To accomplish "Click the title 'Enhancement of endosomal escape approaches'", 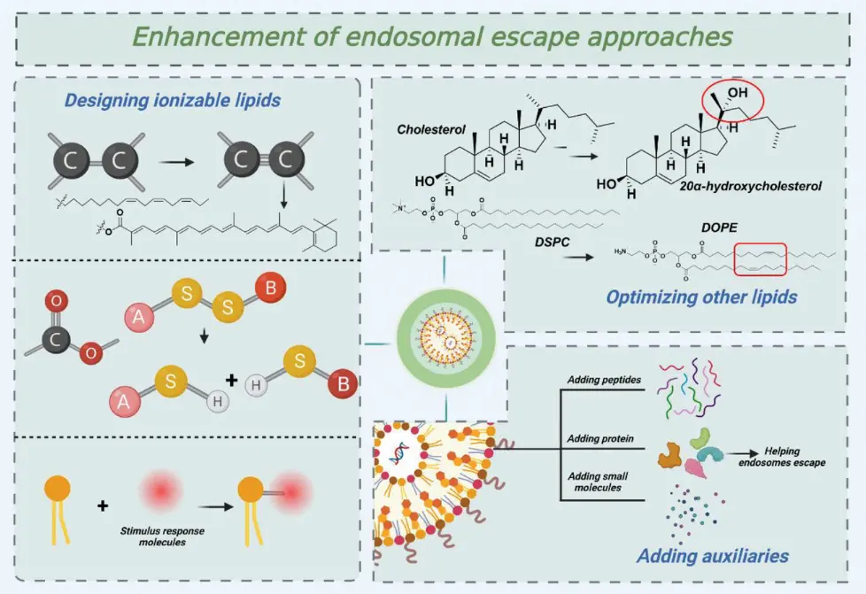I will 433,37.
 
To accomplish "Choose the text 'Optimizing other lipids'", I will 701,297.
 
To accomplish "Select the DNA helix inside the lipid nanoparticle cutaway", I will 397,452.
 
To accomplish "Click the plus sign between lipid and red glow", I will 103,505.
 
